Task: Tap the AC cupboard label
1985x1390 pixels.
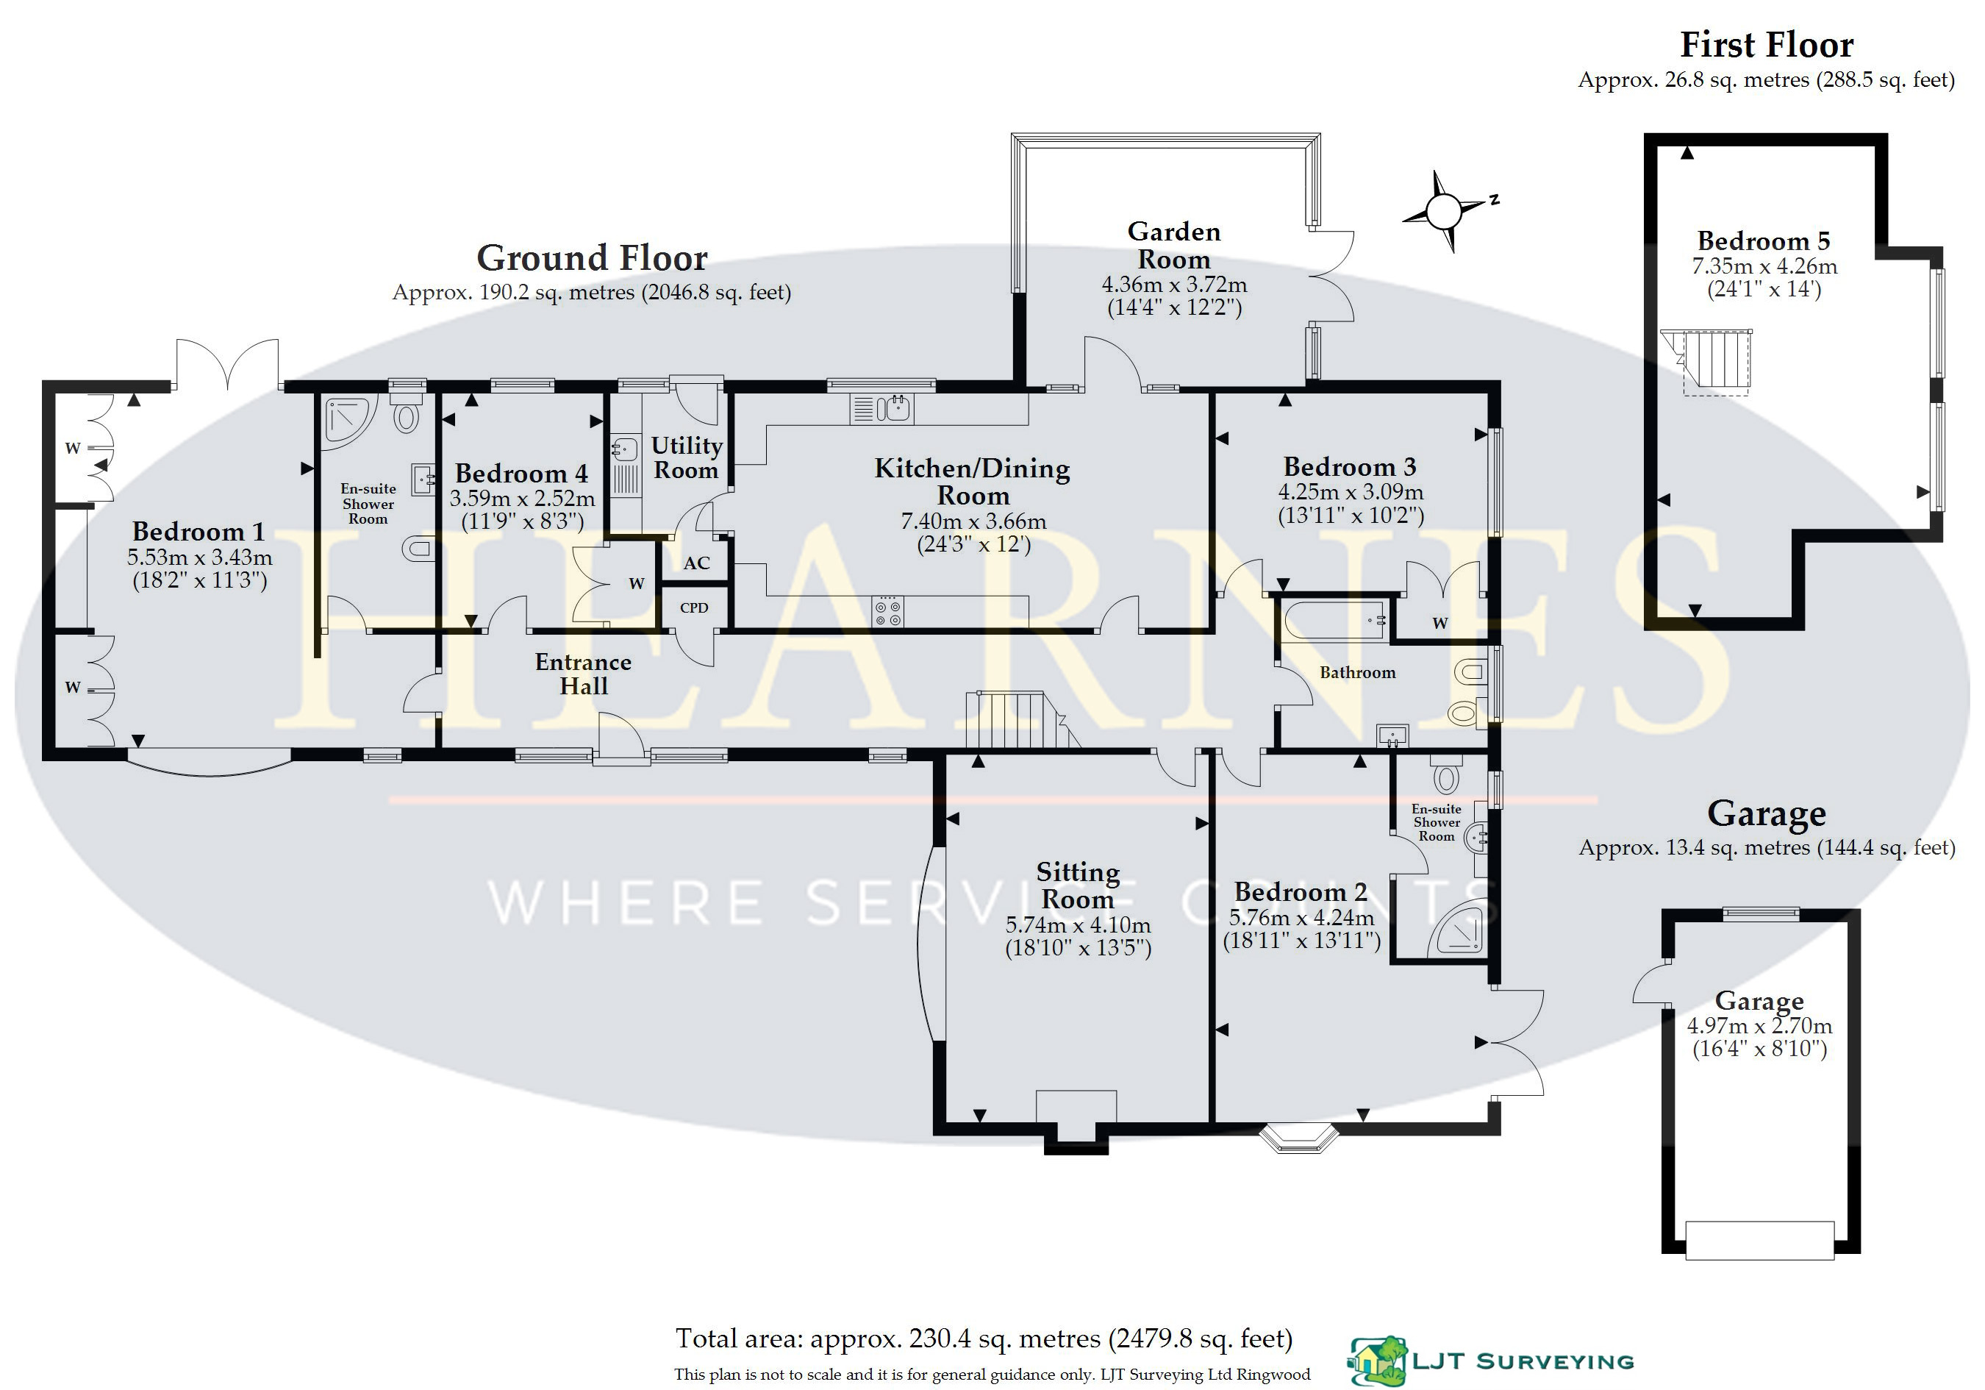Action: pos(696,563)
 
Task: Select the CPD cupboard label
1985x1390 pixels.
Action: pos(693,608)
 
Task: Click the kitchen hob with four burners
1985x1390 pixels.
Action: pos(888,613)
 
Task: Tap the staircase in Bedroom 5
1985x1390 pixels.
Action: pos(1715,363)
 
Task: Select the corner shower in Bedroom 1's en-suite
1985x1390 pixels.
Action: pos(348,421)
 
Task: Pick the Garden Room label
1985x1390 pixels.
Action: pos(1173,246)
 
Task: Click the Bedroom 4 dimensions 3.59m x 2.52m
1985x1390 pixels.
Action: pos(522,499)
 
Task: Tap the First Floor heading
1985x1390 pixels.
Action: pos(1766,45)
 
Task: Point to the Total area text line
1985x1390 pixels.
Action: pos(984,1339)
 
